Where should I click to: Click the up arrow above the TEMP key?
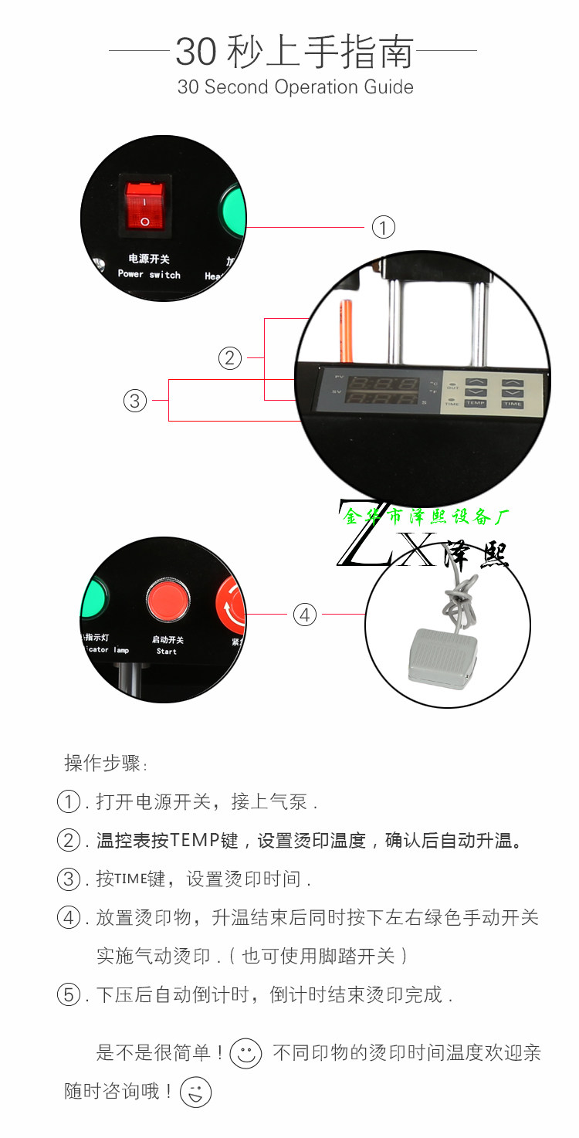coord(476,382)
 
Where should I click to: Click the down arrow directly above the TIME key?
coord(512,393)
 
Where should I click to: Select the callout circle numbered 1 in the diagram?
coord(383,227)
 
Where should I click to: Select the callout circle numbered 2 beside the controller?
coord(229,358)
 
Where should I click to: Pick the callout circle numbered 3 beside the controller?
coord(135,401)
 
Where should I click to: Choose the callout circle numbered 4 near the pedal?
coord(305,615)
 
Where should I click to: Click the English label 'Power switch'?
coord(149,275)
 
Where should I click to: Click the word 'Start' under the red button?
coord(167,652)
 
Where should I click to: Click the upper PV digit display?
coord(382,382)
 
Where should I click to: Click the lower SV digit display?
coord(382,400)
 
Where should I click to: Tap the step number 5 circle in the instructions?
coord(69,994)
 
